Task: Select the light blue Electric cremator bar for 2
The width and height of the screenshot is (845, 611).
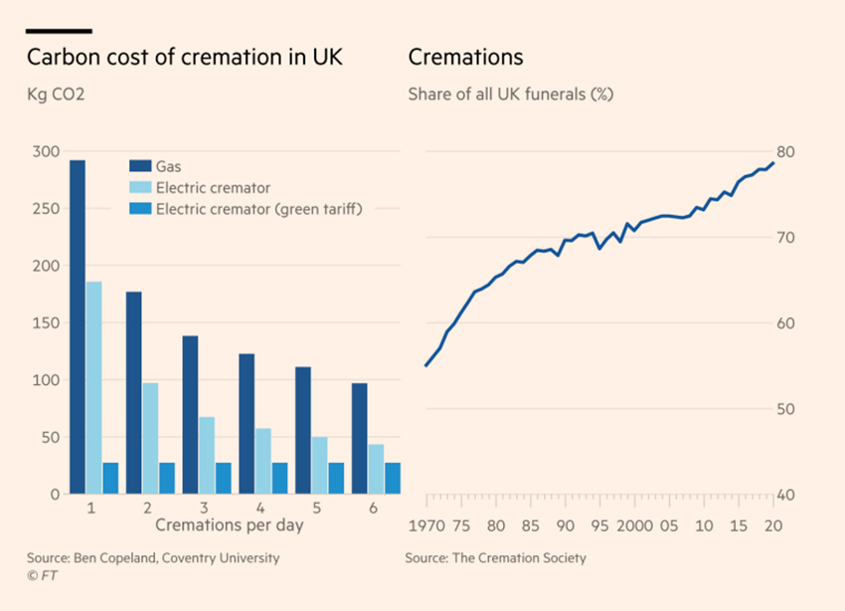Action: pos(150,438)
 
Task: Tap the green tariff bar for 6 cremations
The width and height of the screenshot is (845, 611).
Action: pos(393,478)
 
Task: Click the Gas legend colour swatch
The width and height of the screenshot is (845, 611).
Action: pos(139,166)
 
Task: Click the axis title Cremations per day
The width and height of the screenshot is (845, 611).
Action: pos(229,523)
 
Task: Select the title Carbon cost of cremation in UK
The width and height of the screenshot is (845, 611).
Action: pos(186,57)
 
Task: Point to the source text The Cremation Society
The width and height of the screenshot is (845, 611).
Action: pos(520,558)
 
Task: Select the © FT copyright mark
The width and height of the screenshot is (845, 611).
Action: pos(40,575)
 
